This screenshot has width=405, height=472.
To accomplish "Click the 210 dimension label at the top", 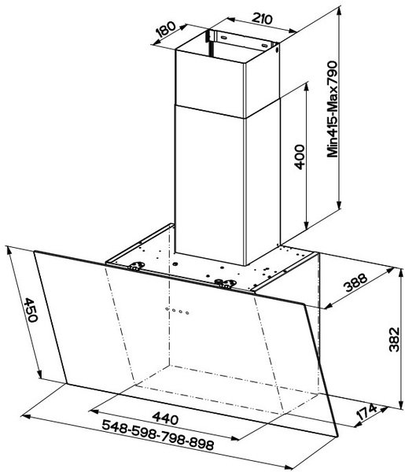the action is [x=262, y=19].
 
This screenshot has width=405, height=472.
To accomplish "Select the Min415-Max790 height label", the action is [x=333, y=109].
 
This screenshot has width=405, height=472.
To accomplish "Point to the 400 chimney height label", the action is [x=300, y=157].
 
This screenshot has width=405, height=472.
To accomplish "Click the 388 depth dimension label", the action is [x=356, y=282].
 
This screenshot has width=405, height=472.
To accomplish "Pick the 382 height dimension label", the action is [x=394, y=339].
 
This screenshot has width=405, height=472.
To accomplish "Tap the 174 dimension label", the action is [x=366, y=411].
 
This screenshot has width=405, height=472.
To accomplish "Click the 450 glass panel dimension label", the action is [x=31, y=310].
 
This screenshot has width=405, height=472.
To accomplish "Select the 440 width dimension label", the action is [x=165, y=419].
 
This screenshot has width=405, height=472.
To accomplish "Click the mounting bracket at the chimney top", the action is [x=242, y=40].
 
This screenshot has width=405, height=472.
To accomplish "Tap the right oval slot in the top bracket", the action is [x=264, y=46].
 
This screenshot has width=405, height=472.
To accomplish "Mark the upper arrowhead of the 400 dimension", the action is [x=307, y=87].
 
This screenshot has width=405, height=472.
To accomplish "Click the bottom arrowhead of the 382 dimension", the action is [x=401, y=404].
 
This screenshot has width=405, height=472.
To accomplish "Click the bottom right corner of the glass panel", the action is [x=338, y=436].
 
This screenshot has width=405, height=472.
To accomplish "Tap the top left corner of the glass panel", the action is [x=35, y=252].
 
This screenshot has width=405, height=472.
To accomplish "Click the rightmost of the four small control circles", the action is [x=187, y=313].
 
